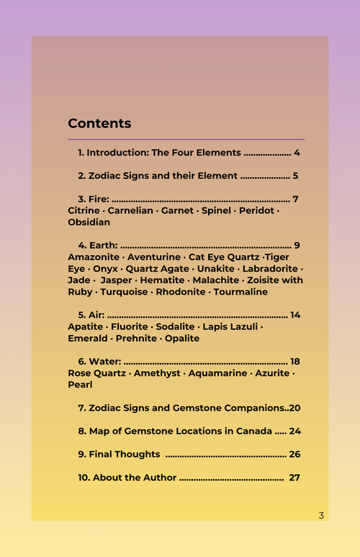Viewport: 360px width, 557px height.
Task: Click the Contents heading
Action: (99, 123)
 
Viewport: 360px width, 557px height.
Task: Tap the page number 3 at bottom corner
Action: (321, 515)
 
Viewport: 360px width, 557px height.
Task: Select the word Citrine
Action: (84, 210)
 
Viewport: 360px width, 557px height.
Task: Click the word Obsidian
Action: (89, 222)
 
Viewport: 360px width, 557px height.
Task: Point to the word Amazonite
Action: (92, 257)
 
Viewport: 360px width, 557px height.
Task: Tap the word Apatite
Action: (86, 326)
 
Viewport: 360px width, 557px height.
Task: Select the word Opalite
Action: (182, 338)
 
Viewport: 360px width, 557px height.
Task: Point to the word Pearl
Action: (80, 385)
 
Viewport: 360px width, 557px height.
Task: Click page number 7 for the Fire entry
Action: (295, 199)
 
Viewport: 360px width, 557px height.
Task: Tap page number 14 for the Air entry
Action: (295, 315)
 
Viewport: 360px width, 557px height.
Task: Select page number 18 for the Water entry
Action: (294, 361)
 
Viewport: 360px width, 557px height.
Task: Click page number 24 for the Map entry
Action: (294, 431)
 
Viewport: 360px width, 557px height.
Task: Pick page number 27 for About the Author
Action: (294, 477)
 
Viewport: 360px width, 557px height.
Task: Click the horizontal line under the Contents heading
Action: (186, 139)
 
